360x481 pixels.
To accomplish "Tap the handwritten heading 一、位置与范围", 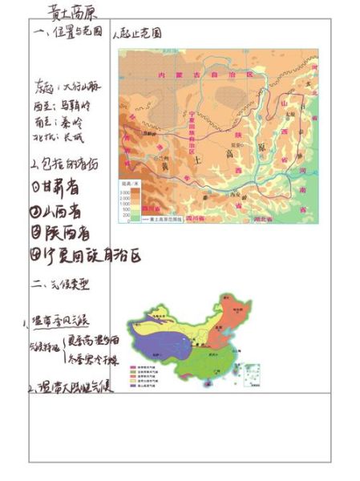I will [x=69, y=33].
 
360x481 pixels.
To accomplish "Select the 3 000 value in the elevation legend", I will [x=125, y=194].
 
